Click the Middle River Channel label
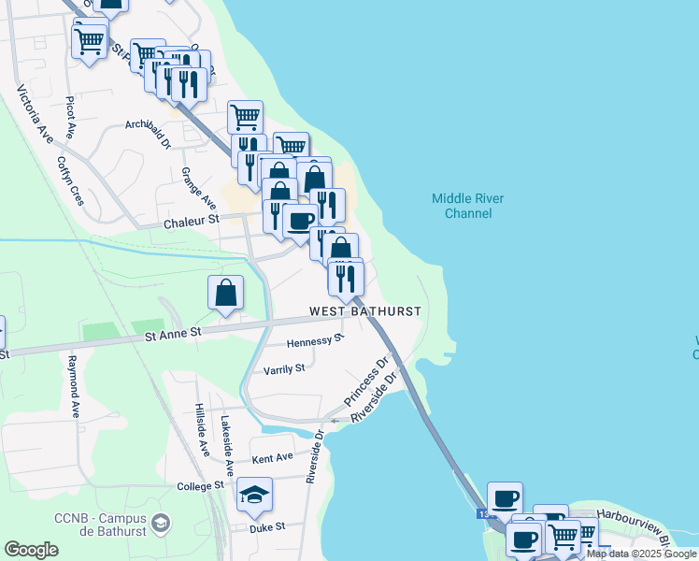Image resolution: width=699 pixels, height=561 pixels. [462, 206]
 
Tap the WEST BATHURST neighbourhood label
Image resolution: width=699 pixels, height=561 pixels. [365, 310]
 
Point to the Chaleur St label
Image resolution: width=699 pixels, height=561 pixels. [191, 222]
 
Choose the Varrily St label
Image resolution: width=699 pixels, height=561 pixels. [285, 368]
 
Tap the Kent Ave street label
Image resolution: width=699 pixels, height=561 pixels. [273, 458]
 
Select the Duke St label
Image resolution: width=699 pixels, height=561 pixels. [266, 527]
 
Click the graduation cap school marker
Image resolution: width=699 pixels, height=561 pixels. [254, 496]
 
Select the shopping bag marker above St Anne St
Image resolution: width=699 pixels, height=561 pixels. [226, 293]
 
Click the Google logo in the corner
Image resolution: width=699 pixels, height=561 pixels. [31, 550]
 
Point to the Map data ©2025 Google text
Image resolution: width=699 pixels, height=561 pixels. [641, 554]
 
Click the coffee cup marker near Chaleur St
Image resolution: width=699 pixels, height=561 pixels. [300, 222]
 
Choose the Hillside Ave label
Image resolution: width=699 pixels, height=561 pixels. [202, 429]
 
